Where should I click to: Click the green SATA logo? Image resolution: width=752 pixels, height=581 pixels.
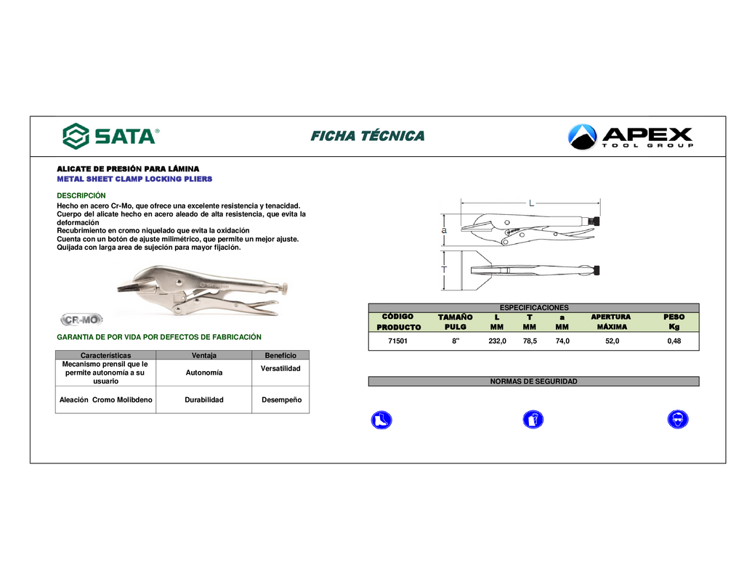[110, 136]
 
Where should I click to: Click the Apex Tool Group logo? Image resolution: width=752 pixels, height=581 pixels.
[631, 137]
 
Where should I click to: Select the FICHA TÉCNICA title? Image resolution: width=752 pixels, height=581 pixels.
[368, 136]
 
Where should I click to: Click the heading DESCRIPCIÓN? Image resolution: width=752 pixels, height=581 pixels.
[81, 195]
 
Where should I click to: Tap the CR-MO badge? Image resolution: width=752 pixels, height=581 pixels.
[81, 320]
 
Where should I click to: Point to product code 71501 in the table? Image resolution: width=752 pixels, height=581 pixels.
[397, 341]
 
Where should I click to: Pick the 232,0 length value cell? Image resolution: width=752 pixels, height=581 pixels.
[497, 341]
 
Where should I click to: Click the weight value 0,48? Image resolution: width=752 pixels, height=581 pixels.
[674, 341]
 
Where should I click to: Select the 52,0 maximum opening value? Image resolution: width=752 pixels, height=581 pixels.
[612, 341]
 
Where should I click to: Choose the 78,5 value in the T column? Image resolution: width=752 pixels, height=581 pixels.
[530, 341]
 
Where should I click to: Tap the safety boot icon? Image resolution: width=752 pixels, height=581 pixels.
[381, 420]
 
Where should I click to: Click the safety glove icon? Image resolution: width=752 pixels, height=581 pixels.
[533, 420]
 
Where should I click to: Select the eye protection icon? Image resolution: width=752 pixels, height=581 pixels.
[678, 420]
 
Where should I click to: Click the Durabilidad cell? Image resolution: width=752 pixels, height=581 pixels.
[204, 399]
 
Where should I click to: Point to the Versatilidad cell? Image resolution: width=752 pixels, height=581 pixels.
[280, 368]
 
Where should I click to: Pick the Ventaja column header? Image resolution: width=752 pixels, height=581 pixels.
[204, 355]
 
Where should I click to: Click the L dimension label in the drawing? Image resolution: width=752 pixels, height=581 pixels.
[531, 203]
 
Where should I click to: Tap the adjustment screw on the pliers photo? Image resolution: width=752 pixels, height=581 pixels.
[284, 288]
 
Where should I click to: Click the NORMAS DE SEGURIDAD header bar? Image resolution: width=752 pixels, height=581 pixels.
[534, 381]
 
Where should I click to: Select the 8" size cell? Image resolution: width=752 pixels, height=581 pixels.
[456, 341]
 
